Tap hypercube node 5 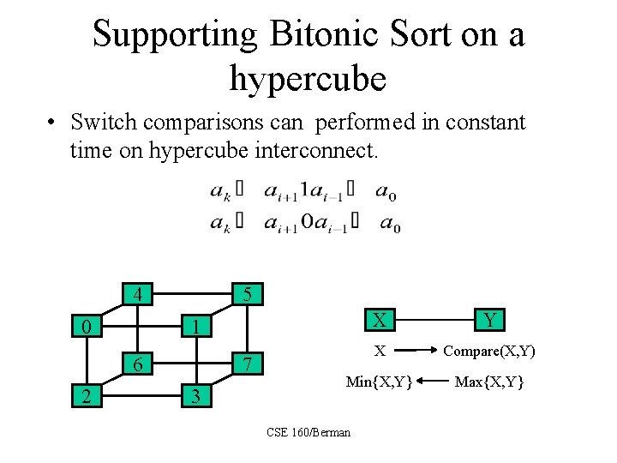coord(247,294)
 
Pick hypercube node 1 coord(196,327)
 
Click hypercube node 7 coord(247,364)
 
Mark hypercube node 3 coord(196,396)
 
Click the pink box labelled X coord(379,320)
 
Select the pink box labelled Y coord(489,320)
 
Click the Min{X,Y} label coord(379,381)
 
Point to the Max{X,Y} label coord(489,381)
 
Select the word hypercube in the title coord(308,79)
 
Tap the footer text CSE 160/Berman coord(308,432)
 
